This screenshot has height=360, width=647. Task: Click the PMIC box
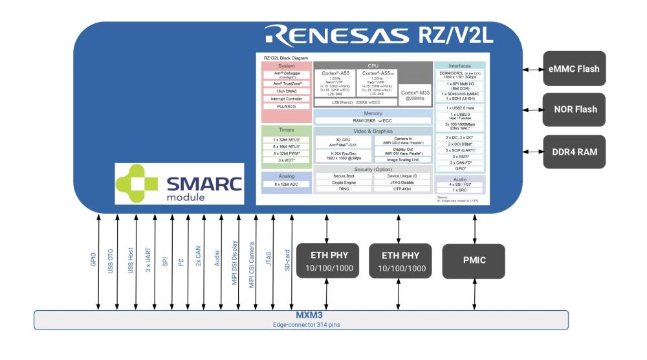[x=475, y=261]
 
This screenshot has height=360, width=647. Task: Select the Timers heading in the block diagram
[x=287, y=130]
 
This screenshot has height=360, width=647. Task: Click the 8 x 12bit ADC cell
[x=287, y=185]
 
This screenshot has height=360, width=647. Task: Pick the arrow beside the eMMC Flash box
[x=532, y=69]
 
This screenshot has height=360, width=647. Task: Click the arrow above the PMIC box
[x=475, y=228]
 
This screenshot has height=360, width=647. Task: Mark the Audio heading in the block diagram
[x=460, y=178]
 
